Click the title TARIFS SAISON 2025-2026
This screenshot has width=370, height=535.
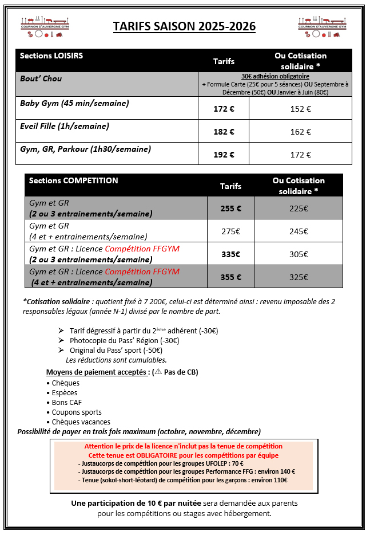point(184,26)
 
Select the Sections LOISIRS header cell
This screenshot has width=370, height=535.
point(51,56)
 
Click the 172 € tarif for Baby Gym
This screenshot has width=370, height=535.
point(224,108)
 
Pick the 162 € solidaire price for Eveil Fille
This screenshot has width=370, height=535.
point(300,131)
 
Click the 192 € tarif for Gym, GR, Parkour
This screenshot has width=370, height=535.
point(224,154)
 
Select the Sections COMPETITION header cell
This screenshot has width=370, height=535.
point(73,180)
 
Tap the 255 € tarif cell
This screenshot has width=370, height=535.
point(230,209)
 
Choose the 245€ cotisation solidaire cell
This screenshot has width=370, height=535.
point(299,231)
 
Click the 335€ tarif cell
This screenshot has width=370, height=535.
point(230,254)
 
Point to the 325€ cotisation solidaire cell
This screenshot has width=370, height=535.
point(299,277)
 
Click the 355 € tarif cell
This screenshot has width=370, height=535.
point(230,277)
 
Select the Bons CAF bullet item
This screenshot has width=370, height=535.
point(67,402)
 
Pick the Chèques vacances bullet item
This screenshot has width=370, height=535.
point(81,422)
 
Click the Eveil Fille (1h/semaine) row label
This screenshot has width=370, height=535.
point(65,126)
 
